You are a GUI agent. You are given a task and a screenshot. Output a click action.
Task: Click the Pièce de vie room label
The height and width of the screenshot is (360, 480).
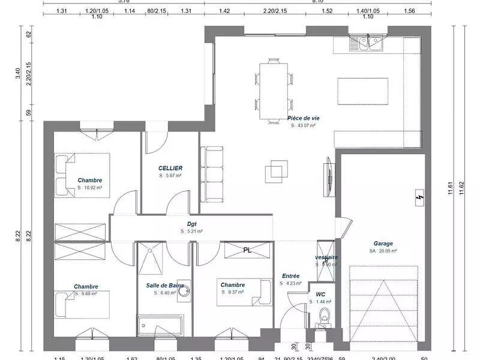coord(303,119)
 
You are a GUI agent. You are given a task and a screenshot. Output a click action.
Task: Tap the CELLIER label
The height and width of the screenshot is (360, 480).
coord(170,169)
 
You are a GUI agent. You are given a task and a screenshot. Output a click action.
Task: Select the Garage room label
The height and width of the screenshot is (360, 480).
coord(383,244)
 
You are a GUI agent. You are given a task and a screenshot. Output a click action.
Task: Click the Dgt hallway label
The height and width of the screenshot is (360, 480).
coord(192,223)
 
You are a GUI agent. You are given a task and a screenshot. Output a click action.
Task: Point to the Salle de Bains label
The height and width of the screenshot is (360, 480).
coord(164,285)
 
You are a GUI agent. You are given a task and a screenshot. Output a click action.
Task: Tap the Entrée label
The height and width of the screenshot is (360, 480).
coord(290,276)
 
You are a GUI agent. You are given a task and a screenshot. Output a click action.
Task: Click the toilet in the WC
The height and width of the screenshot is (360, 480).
coord(325,316)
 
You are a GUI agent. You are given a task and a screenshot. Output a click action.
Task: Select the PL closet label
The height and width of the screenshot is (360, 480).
coord(247,251)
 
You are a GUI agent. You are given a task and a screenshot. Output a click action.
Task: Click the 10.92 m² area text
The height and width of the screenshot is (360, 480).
coord(89,188)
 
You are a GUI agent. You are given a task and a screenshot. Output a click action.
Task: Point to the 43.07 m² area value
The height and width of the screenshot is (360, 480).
coord(303,127)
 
